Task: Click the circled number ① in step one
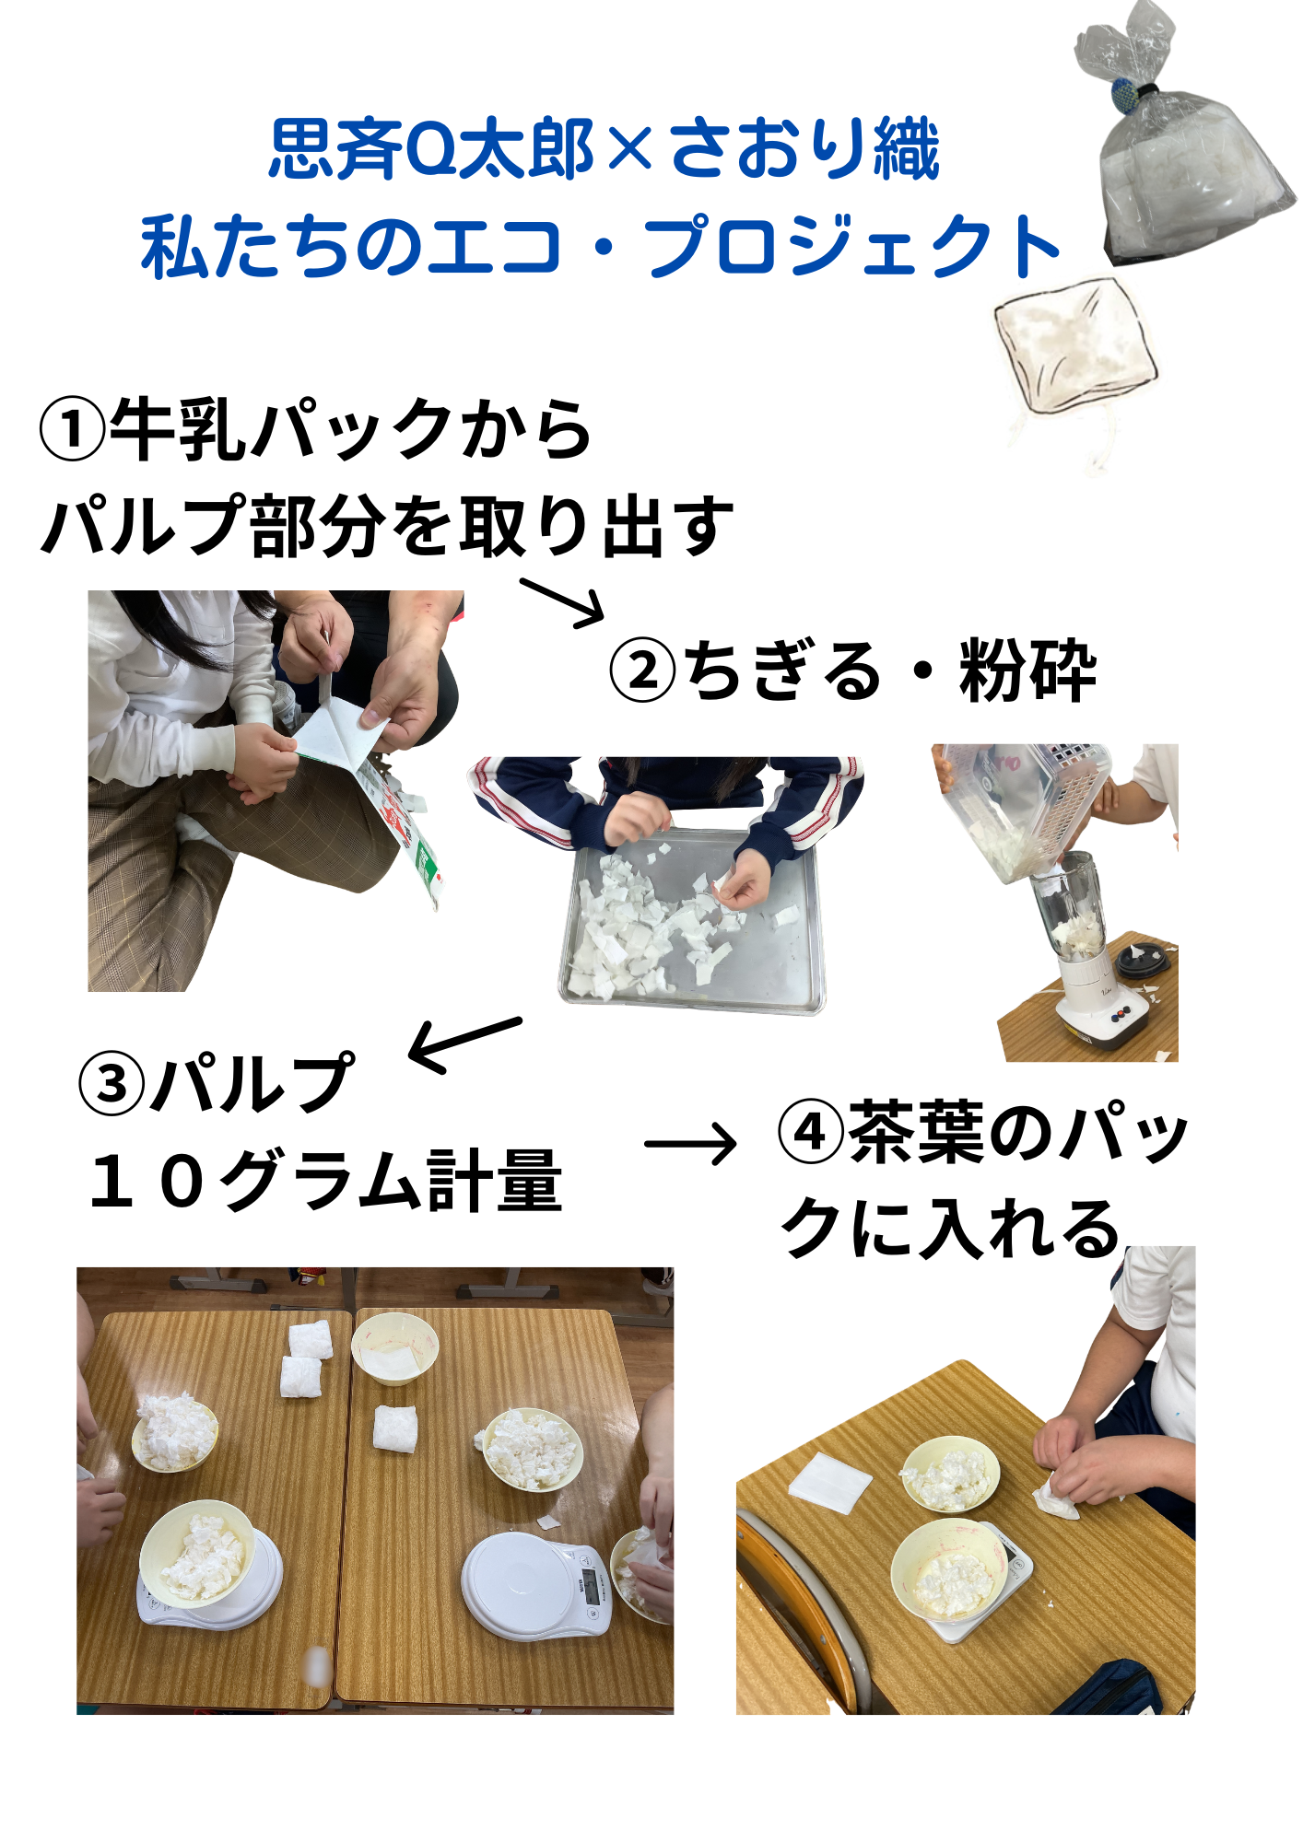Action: coord(73,430)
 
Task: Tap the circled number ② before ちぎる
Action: coord(643,670)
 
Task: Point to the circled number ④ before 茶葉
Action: coord(811,1132)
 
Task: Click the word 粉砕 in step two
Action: coord(1028,670)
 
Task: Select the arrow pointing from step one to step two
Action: coord(562,603)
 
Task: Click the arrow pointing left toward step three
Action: coord(464,1044)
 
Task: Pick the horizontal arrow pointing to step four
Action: coord(690,1144)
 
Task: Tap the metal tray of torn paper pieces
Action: coord(691,921)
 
